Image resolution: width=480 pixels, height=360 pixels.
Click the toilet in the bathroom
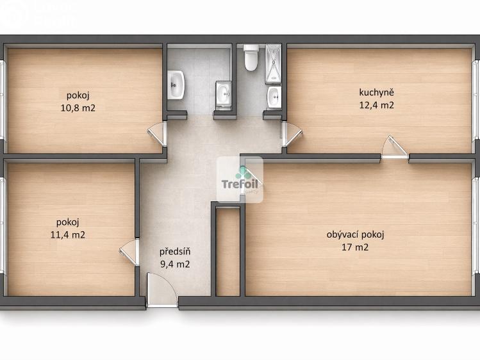(251, 57)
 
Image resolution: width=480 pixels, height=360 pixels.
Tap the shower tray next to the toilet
(274, 64)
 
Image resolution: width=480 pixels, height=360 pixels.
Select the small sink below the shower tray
(274, 97)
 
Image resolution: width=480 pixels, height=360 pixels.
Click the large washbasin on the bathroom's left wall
(176, 85)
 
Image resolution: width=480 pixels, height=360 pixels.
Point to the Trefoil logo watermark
(239, 180)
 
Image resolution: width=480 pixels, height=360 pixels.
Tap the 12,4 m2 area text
(376, 105)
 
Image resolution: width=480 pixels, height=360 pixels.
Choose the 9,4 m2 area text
(174, 264)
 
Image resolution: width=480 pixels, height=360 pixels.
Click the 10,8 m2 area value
(78, 108)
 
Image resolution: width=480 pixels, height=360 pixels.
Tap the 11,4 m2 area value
(68, 234)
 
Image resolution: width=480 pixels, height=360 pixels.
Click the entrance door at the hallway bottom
(161, 291)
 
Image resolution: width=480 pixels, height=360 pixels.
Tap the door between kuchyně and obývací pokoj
(394, 148)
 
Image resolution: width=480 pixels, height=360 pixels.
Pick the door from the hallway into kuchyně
(291, 134)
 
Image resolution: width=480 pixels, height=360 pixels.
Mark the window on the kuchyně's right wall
(476, 99)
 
